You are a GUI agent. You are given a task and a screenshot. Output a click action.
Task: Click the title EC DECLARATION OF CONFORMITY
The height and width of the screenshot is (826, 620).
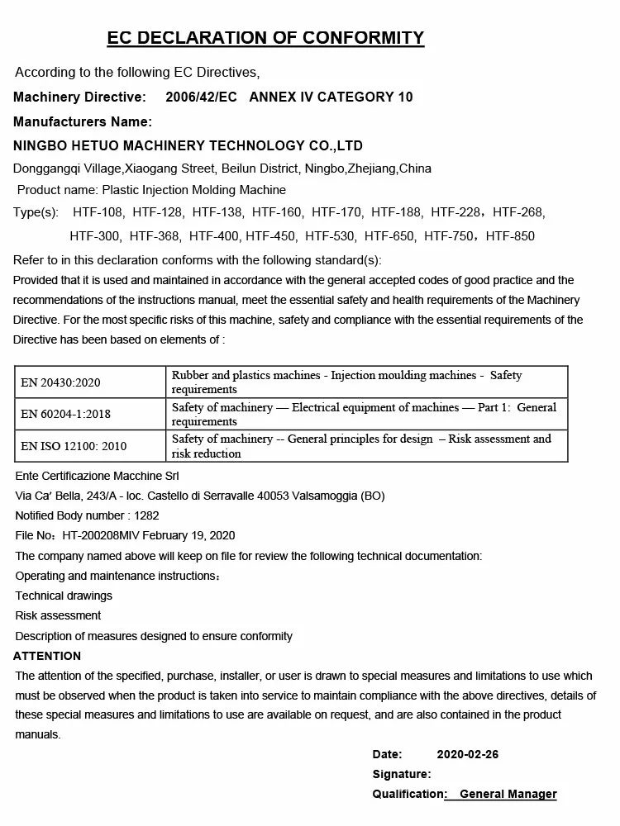[x=265, y=37]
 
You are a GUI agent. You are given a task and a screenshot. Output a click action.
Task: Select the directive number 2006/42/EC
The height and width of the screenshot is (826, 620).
[x=201, y=97]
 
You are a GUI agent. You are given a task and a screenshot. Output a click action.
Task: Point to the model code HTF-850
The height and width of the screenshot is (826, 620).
[x=510, y=236]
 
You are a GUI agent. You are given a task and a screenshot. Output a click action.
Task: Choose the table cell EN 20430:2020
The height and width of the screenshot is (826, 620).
[x=60, y=382]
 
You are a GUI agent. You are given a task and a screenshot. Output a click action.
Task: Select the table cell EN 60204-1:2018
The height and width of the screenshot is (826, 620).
[x=65, y=414]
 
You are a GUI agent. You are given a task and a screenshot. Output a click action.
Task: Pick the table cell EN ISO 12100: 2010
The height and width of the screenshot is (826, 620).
[x=74, y=446]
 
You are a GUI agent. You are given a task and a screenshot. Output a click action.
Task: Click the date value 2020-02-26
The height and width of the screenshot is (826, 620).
[x=467, y=754]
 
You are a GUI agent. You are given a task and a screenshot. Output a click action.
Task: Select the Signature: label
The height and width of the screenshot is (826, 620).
[x=401, y=774]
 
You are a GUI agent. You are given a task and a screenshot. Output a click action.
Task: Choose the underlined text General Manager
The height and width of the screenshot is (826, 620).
[x=508, y=795]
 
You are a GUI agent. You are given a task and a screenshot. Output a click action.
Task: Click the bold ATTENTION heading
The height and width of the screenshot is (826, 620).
[x=47, y=656]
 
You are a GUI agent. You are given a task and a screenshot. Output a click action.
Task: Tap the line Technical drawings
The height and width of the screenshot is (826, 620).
[x=64, y=596]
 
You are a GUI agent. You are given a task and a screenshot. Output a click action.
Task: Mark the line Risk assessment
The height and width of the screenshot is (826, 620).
[x=58, y=615]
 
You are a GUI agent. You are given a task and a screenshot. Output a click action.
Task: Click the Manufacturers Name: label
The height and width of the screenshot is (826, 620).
[x=83, y=122]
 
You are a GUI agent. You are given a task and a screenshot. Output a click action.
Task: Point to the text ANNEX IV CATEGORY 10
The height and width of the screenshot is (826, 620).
[x=331, y=97]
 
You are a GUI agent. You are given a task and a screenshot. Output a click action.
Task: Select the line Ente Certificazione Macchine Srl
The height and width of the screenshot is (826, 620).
[x=97, y=476]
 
